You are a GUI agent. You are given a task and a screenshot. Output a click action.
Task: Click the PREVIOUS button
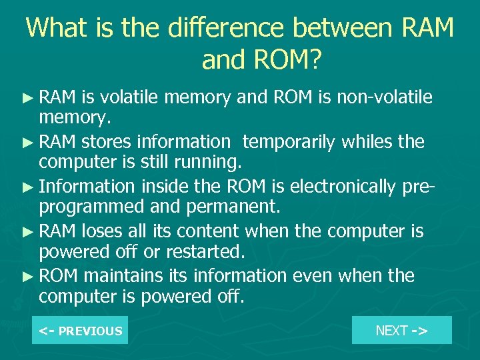(x=80, y=331)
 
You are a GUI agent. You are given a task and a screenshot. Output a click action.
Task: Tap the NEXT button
(x=401, y=330)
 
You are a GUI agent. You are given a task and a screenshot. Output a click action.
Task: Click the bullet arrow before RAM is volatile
(x=29, y=99)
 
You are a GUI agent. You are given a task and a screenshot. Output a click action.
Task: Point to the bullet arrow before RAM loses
(x=29, y=232)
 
